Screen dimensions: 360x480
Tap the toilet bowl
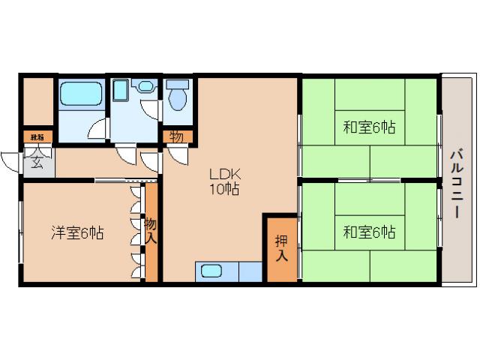click(178, 96)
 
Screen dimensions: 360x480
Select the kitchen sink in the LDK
click(212, 271)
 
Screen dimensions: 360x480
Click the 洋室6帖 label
click(76, 233)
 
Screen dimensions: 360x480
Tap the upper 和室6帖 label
click(369, 128)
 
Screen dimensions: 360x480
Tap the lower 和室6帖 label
click(369, 232)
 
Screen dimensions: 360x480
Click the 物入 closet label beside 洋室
click(151, 229)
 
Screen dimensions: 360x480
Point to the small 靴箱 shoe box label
click(36, 137)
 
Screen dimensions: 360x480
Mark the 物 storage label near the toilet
click(177, 137)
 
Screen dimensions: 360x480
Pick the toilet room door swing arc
click(176, 154)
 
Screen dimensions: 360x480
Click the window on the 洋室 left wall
click(21, 232)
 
